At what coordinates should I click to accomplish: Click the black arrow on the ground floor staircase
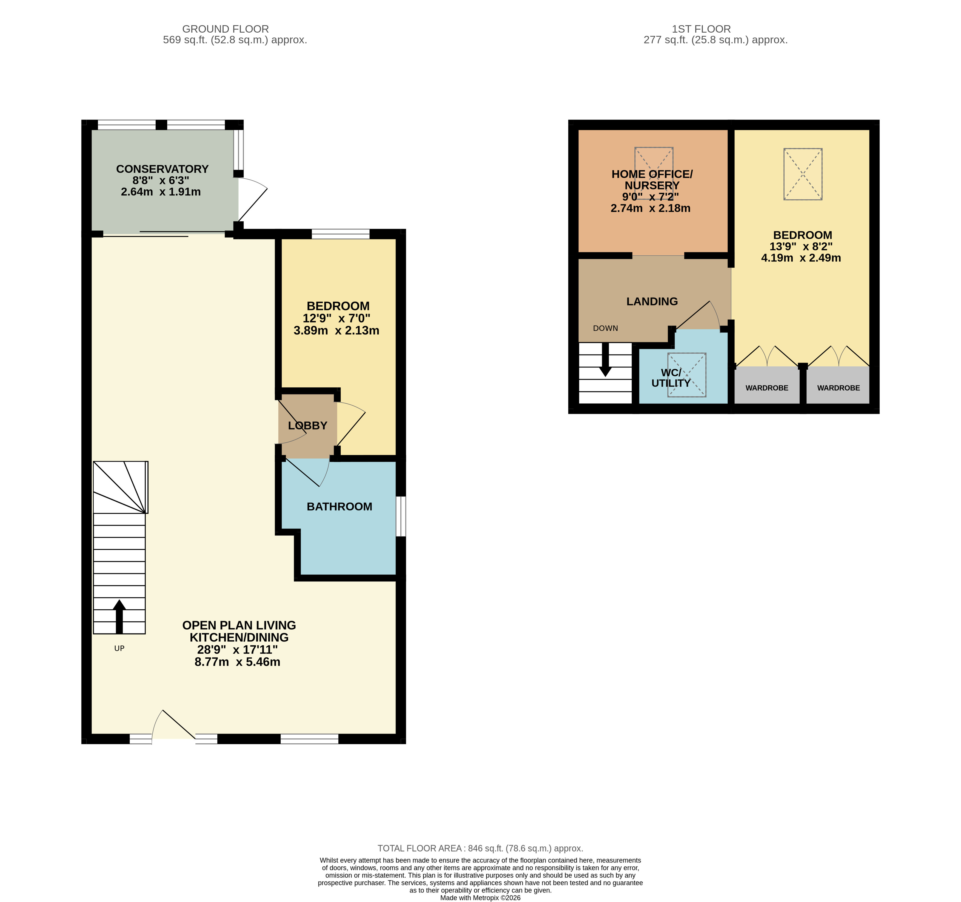click(x=119, y=616)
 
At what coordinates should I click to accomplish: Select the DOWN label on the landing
click(x=605, y=328)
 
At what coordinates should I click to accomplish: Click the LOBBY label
click(x=307, y=425)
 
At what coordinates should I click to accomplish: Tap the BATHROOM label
click(x=339, y=507)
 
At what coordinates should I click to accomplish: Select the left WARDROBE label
click(x=767, y=388)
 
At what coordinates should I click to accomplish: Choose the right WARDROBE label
click(x=838, y=388)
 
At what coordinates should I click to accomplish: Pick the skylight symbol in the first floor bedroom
click(x=802, y=174)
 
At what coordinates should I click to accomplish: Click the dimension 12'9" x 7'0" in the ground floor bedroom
click(x=337, y=318)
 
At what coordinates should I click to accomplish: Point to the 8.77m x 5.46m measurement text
click(x=237, y=662)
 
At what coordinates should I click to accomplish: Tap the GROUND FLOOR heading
click(x=225, y=29)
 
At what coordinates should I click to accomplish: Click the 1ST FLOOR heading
click(x=701, y=29)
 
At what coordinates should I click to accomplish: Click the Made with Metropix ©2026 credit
click(x=480, y=898)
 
